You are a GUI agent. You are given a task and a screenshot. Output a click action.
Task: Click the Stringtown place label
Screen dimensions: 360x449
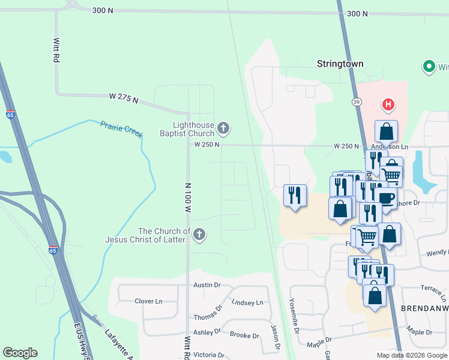(340, 64)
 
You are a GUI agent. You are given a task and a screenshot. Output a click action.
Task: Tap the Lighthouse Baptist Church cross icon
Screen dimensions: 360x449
(223, 127)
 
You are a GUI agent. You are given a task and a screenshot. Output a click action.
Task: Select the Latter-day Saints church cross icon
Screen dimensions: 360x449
(199, 235)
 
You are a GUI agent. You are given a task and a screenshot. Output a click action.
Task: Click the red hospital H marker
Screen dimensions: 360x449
(388, 105)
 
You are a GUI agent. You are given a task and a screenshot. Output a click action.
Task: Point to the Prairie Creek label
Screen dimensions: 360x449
(121, 128)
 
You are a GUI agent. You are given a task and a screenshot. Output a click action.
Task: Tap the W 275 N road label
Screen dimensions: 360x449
(124, 98)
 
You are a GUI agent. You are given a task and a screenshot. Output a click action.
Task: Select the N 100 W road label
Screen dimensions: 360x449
(187, 197)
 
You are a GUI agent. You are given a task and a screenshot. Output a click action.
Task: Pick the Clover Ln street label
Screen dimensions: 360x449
(149, 301)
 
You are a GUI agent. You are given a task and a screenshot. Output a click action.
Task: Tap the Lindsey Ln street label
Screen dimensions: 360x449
(247, 302)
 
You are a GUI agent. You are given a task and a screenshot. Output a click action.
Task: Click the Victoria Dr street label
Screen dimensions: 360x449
(208, 354)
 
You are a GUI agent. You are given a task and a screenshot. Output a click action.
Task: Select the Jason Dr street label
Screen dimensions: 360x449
(274, 336)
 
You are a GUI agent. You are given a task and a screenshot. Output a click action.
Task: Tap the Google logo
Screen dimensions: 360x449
(20, 353)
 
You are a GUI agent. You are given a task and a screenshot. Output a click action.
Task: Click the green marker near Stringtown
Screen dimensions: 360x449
(429, 66)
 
